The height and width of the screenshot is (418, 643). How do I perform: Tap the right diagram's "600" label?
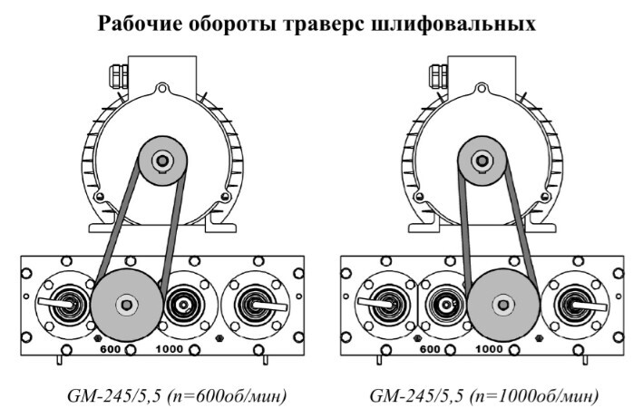[x=430, y=348]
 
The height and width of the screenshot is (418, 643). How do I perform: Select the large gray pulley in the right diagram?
[x=502, y=305]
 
